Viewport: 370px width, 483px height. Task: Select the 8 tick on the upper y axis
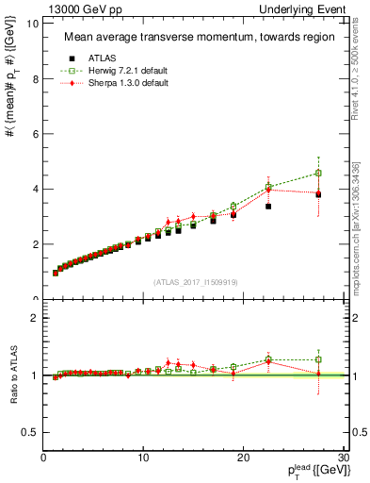tap(35, 79)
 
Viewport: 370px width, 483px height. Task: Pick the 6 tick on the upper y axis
tap(35, 134)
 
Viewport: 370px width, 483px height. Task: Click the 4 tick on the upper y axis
tap(35, 189)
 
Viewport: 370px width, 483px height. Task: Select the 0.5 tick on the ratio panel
tap(30, 432)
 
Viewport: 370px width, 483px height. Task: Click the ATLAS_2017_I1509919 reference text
tap(196, 281)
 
